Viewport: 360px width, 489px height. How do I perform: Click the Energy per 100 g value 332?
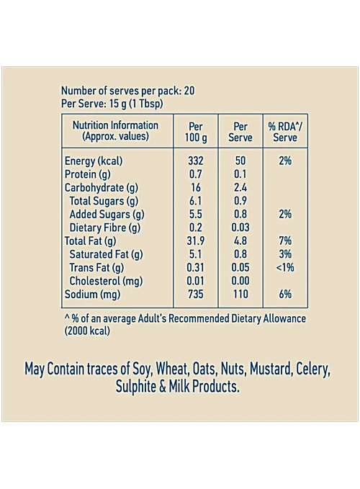195,161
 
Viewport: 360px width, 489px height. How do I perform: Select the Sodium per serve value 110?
240,294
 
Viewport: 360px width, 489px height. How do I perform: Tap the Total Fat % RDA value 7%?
285,241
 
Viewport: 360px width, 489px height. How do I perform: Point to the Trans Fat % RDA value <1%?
285,267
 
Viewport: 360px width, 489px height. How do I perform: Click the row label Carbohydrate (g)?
102,188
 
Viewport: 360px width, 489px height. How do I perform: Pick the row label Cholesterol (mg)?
106,281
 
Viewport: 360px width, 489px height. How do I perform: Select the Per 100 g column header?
196,132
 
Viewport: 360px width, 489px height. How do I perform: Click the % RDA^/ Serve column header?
285,132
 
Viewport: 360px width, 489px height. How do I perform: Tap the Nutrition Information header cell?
116,130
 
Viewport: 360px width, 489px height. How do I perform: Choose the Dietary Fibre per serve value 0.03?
240,228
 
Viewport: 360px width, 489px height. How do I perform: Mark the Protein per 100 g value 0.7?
195,174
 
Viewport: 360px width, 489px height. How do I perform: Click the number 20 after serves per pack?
189,91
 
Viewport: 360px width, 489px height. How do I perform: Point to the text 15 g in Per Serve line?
118,104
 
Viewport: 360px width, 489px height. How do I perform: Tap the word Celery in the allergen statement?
313,369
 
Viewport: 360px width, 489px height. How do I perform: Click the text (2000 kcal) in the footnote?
87,331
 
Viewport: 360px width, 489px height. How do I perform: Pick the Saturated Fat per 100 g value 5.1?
195,254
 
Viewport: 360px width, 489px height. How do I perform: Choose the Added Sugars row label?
107,215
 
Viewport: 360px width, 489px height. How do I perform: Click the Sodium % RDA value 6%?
285,294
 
